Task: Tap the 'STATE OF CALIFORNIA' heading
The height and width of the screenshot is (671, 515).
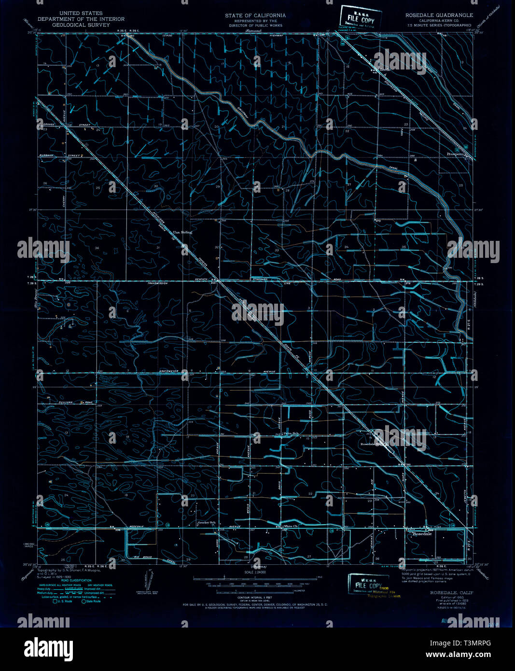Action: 255,15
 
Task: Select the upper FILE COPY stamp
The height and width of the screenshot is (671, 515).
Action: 360,18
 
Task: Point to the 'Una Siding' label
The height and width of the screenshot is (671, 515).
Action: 183,232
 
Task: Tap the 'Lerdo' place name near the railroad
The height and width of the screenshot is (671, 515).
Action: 384,69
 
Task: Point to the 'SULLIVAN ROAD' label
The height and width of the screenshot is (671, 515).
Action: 73,402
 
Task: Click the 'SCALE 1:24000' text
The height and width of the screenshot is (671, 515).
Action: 256,573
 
